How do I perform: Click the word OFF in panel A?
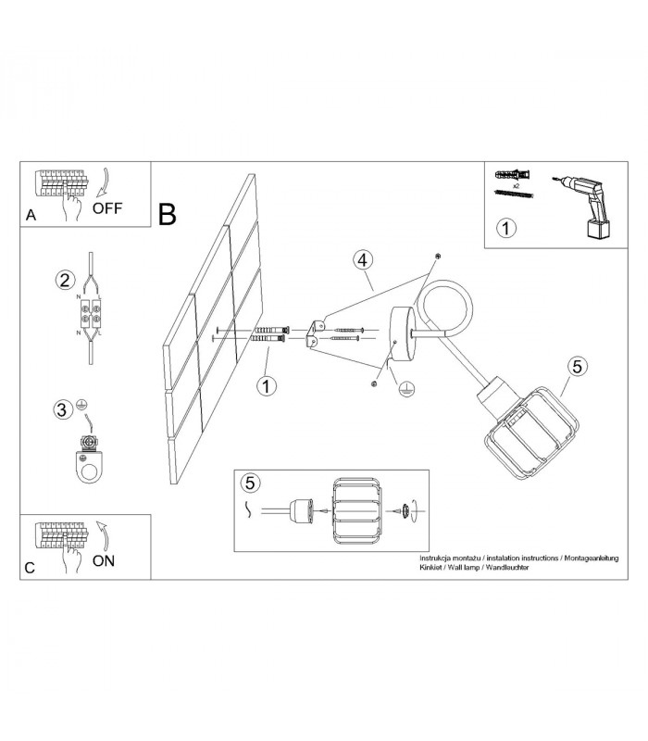107,207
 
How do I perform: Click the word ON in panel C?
104,561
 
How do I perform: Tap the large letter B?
168,214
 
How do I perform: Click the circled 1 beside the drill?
506,228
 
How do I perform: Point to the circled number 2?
65,280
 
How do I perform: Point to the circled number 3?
62,409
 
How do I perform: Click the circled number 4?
363,260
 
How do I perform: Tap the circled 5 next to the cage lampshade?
578,366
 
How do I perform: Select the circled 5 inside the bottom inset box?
250,483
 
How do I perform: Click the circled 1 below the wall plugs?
267,386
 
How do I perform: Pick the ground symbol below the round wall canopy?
406,389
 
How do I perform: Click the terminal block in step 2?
91,314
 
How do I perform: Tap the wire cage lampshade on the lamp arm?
531,433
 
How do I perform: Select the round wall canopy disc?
403,333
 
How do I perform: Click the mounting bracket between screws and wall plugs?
316,333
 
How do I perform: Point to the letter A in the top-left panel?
31,215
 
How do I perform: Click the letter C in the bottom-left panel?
30,568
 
